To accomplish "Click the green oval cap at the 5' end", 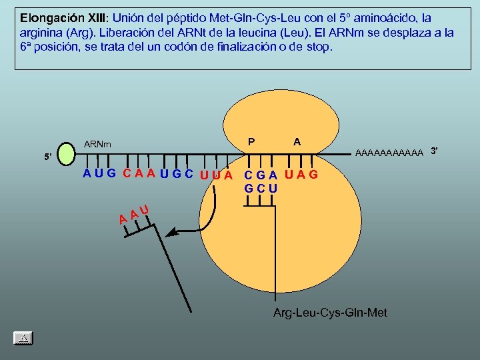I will (66, 153).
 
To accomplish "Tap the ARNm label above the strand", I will (98, 144).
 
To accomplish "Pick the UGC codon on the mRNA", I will (177, 175).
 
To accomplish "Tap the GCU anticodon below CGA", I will (261, 189).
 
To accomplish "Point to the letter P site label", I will (251, 141).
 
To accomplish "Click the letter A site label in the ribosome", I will (297, 141).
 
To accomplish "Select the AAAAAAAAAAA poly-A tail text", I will (389, 153).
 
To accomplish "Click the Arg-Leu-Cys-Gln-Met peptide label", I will (330, 313).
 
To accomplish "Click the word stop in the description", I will (317, 48).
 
